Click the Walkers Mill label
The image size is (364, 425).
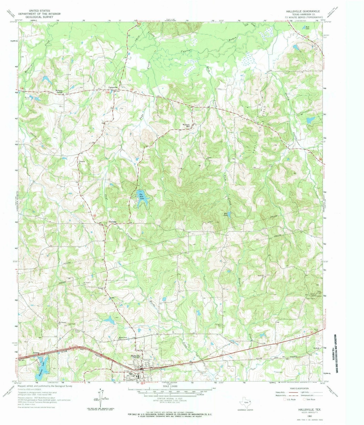point(186,125)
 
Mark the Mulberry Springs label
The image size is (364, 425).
point(60,91)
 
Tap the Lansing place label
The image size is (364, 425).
point(36,353)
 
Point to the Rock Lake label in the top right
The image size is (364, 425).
point(307,27)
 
